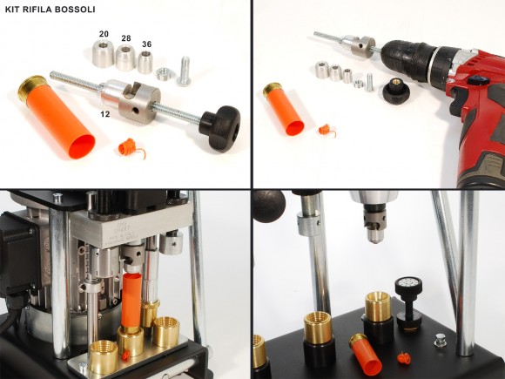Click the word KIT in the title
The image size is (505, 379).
point(15,9)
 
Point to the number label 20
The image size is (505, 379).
point(104,33)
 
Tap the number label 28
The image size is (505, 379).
point(127,39)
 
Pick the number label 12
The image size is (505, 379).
point(104,113)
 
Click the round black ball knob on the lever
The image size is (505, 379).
point(270,206)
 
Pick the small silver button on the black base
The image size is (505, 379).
point(441,344)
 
